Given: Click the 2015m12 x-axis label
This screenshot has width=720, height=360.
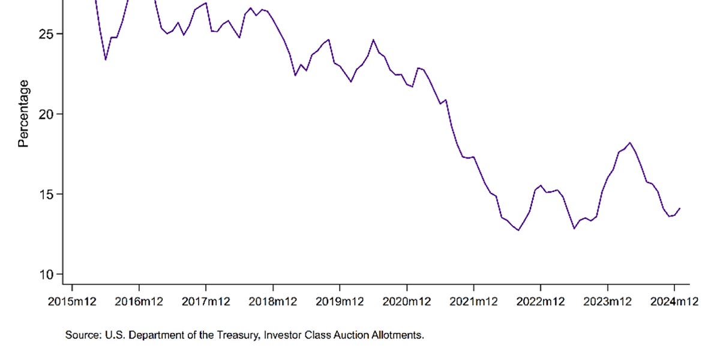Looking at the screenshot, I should pyautogui.click(x=72, y=302).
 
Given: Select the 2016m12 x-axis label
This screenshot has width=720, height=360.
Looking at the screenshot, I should pyautogui.click(x=139, y=302).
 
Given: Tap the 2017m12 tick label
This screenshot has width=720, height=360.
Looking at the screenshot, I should pyautogui.click(x=206, y=302).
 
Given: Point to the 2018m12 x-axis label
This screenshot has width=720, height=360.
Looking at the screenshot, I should pyautogui.click(x=273, y=302).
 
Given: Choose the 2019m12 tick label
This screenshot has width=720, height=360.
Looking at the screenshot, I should pyautogui.click(x=340, y=302).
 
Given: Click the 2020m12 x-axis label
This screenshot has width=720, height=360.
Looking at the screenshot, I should pyautogui.click(x=407, y=302).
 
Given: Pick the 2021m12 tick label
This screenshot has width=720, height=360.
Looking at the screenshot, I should pyautogui.click(x=473, y=302).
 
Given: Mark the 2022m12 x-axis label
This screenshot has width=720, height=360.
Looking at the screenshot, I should pyautogui.click(x=541, y=302).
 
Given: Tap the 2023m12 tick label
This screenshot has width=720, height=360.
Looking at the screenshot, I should pyautogui.click(x=607, y=302).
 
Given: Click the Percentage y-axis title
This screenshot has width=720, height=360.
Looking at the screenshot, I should pyautogui.click(x=23, y=114).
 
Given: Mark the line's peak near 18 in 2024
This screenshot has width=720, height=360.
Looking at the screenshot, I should pyautogui.click(x=629, y=143).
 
